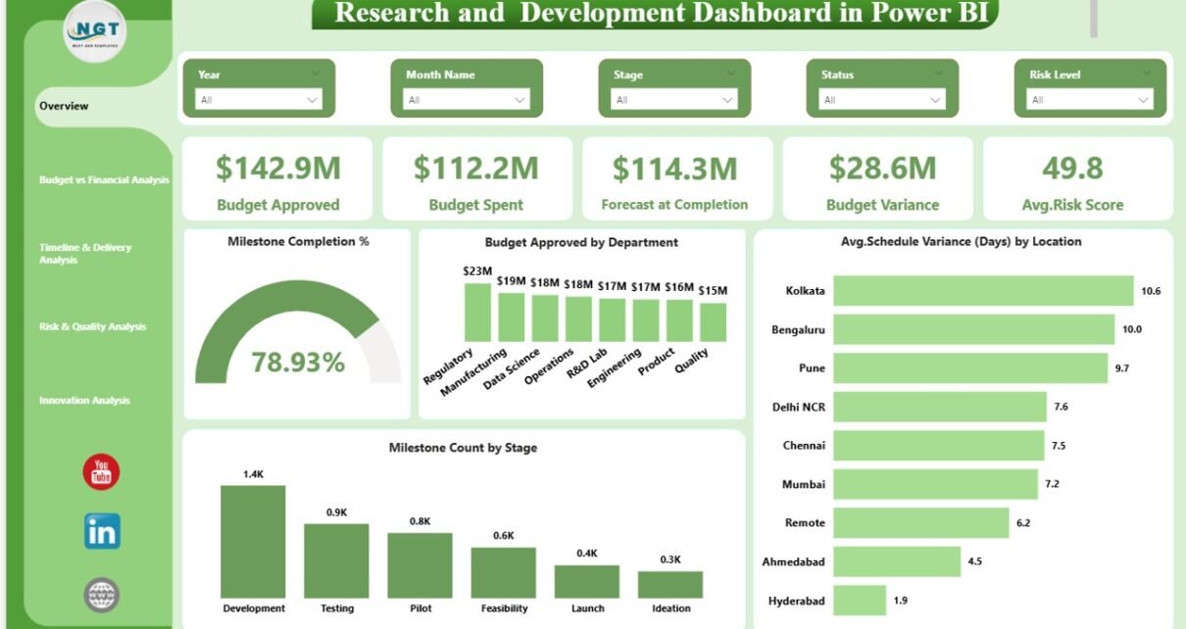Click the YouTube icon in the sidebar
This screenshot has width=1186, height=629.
pos(101,472)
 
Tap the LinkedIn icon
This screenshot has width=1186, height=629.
pos(102,531)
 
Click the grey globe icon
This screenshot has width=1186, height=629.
pos(101,593)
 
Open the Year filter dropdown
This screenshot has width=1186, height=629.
pos(259,99)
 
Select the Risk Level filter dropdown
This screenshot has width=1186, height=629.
pos(1090,99)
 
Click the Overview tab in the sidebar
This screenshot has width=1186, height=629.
pos(64,106)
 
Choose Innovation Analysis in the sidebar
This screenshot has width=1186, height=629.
pos(84,401)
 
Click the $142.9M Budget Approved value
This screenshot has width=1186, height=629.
pos(278,169)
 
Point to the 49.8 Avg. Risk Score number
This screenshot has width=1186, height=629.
pos(1073,169)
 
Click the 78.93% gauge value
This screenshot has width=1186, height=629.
pos(298,363)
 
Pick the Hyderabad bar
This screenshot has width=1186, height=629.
pos(860,601)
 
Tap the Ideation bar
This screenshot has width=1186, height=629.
pos(670,585)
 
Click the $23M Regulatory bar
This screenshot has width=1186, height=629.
pos(477,312)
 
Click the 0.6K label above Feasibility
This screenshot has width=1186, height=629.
pos(503,535)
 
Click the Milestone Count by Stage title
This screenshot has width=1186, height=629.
pos(463,448)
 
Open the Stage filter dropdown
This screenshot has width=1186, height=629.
pos(674,99)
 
